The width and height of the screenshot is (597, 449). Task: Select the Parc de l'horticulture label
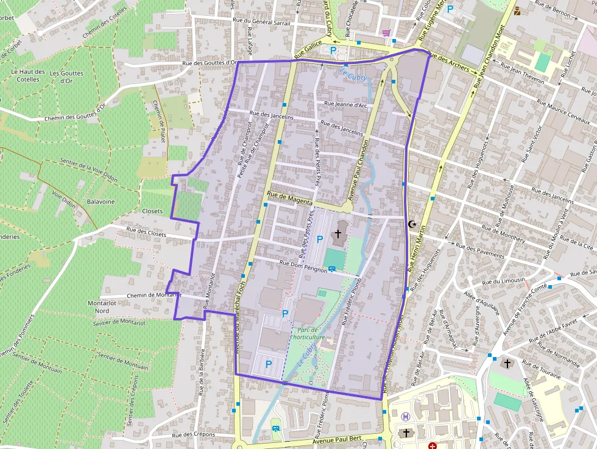(x=308, y=333)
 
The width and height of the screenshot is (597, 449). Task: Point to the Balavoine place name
(x=101, y=202)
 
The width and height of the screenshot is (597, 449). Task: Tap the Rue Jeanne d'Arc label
(x=347, y=105)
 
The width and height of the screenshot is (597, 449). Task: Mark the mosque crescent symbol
(x=412, y=224)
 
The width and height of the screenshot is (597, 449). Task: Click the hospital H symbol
(x=406, y=417)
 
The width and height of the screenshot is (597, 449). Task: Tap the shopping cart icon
(x=385, y=33)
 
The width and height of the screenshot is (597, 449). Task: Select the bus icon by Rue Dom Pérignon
(x=332, y=269)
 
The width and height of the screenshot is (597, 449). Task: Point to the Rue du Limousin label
(x=503, y=281)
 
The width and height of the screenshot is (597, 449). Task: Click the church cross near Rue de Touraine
(x=507, y=364)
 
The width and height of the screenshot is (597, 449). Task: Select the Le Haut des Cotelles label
(x=28, y=76)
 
